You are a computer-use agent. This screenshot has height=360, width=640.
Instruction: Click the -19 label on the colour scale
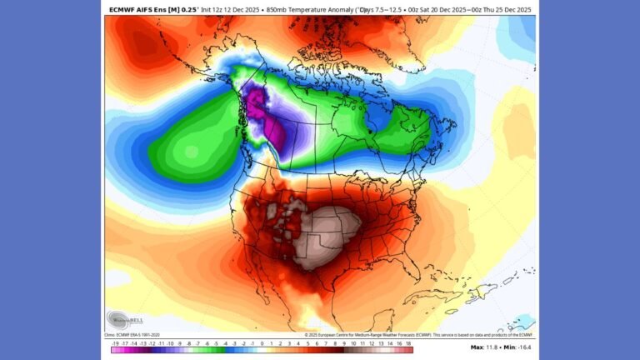tap(113, 342)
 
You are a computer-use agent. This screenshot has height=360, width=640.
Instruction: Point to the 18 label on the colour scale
tap(409, 342)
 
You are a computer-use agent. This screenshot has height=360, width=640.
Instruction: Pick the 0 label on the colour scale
tap(262, 342)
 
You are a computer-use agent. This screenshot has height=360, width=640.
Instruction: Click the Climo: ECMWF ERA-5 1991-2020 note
tap(137, 334)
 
